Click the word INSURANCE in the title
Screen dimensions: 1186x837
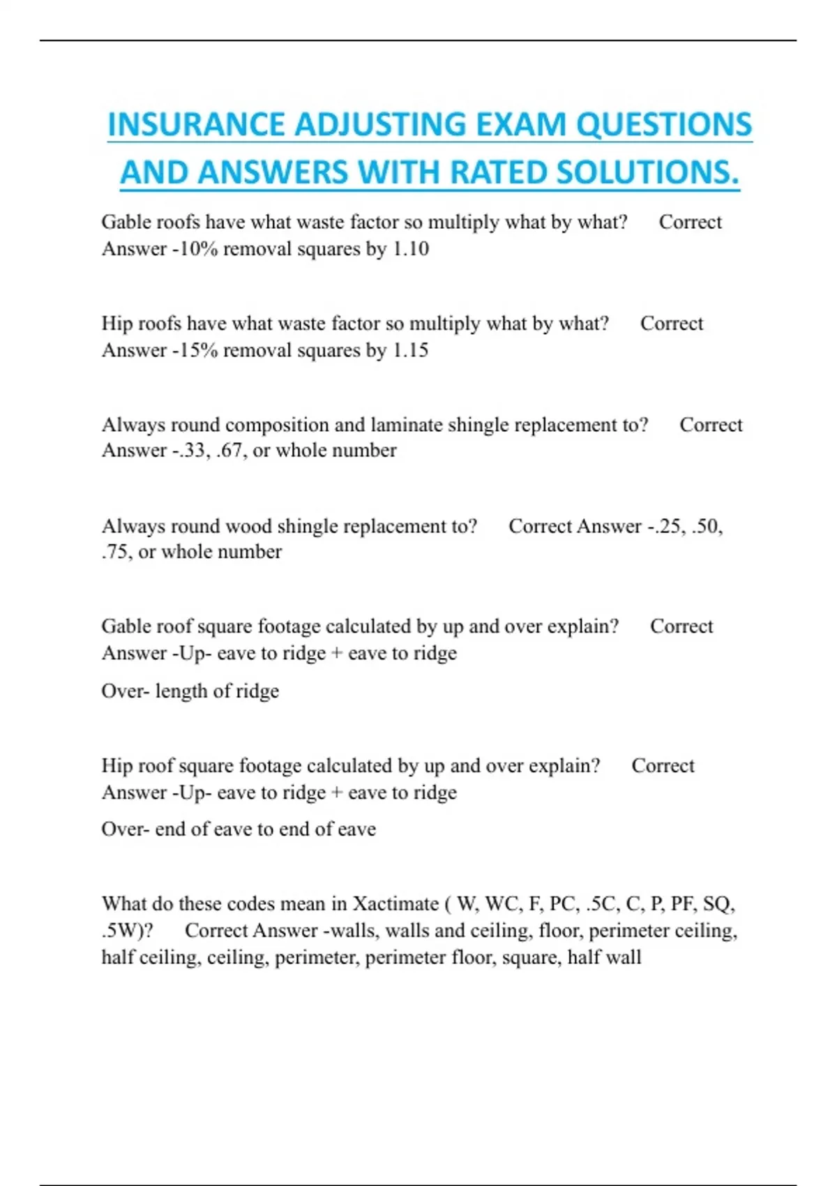(196, 125)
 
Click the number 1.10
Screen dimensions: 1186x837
(411, 248)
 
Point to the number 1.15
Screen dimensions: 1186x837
(411, 350)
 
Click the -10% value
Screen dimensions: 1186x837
(195, 248)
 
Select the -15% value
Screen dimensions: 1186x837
(195, 350)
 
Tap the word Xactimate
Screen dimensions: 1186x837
(395, 903)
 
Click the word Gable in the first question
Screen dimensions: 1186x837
(125, 222)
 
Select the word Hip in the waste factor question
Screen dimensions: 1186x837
(116, 323)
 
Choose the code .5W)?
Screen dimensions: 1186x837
(127, 930)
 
